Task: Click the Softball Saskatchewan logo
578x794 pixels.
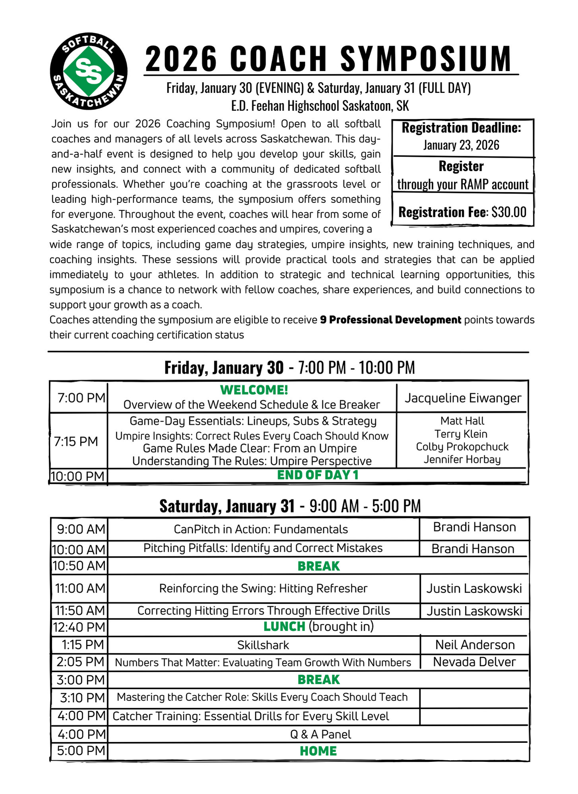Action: click(x=89, y=71)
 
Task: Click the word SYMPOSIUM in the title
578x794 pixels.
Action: click(x=426, y=59)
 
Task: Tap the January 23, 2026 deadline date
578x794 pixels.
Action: click(x=461, y=145)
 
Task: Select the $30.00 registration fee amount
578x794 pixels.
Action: click(x=509, y=212)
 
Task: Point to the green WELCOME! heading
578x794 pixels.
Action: click(x=254, y=390)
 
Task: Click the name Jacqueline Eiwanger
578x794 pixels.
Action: click(x=463, y=398)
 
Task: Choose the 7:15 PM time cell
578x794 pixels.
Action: click(x=76, y=441)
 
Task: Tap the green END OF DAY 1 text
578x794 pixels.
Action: click(x=318, y=475)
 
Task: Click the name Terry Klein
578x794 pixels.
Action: click(x=461, y=434)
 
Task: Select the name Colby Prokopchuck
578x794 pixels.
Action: click(x=462, y=447)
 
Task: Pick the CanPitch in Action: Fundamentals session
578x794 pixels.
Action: click(x=261, y=529)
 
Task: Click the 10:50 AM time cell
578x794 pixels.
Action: click(x=79, y=566)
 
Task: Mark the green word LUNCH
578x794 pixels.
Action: click(x=284, y=626)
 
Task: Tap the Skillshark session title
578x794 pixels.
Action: click(x=263, y=645)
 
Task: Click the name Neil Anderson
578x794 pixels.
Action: click(x=475, y=645)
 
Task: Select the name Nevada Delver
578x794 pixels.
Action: click(x=474, y=662)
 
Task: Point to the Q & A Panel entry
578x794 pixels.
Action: click(x=320, y=734)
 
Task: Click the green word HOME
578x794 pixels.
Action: click(x=318, y=751)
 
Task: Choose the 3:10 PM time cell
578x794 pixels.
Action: click(x=82, y=698)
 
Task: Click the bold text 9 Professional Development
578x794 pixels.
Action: click(x=390, y=320)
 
